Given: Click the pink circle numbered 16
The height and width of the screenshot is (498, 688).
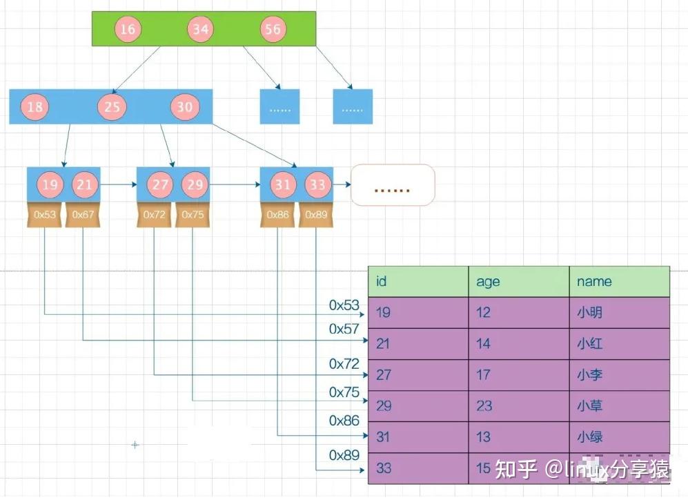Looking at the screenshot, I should click(x=127, y=29).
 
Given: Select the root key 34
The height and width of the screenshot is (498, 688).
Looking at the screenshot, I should click(x=200, y=29).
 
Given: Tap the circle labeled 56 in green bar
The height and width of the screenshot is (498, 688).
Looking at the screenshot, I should click(x=273, y=29).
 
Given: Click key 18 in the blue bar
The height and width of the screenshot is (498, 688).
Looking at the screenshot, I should click(x=35, y=107).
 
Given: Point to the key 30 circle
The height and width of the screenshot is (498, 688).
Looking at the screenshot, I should click(x=184, y=107).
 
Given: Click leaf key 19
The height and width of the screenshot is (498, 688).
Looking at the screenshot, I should click(x=49, y=185).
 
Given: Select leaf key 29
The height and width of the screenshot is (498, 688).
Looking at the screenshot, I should click(x=194, y=185).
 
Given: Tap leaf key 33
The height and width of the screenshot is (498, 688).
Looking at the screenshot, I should click(x=317, y=185).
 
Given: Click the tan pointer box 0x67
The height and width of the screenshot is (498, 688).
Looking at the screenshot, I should click(x=83, y=215).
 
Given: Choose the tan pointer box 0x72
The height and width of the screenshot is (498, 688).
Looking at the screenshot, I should click(x=155, y=215).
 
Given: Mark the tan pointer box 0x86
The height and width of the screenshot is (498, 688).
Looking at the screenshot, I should click(x=278, y=215).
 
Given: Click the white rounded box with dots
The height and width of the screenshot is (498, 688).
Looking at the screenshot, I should click(x=393, y=185).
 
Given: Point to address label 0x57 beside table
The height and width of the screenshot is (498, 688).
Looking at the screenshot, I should click(x=344, y=329).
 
